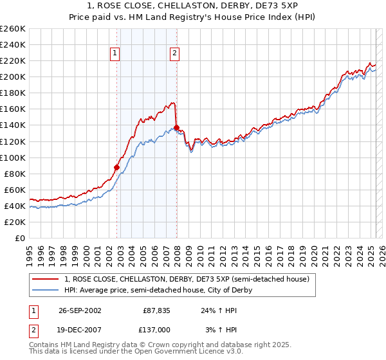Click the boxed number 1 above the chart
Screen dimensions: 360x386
point(115,54)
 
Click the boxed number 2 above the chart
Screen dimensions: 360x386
point(174,54)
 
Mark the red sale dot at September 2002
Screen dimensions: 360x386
point(117,167)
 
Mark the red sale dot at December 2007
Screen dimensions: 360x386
point(176,127)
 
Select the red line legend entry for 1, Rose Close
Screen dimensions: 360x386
point(187,279)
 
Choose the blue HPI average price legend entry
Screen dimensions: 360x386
point(158,290)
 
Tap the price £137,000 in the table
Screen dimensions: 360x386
point(156,329)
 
